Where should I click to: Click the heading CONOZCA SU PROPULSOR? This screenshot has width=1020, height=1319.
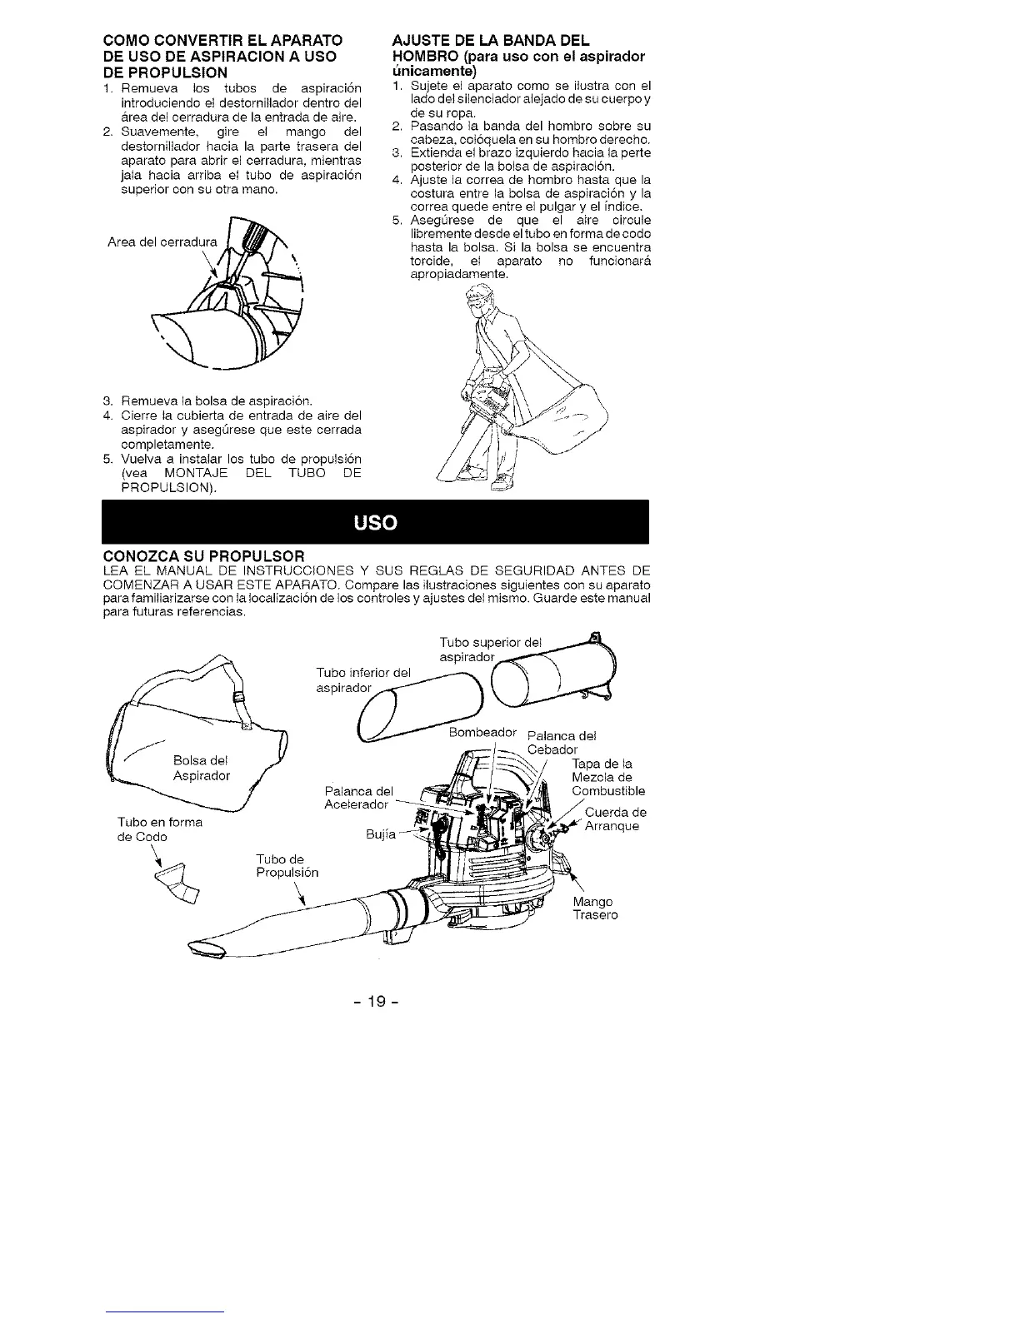tap(203, 555)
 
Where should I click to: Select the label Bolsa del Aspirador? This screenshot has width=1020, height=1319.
tap(201, 768)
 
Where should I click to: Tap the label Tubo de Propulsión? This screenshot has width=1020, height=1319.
tap(287, 865)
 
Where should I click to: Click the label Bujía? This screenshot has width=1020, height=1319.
tap(380, 834)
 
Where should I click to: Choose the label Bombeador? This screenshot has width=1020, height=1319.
tap(482, 733)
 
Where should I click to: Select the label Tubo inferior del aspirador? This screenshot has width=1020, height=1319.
tap(364, 679)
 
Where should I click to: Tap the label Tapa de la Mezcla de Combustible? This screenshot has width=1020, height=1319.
tap(607, 778)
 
